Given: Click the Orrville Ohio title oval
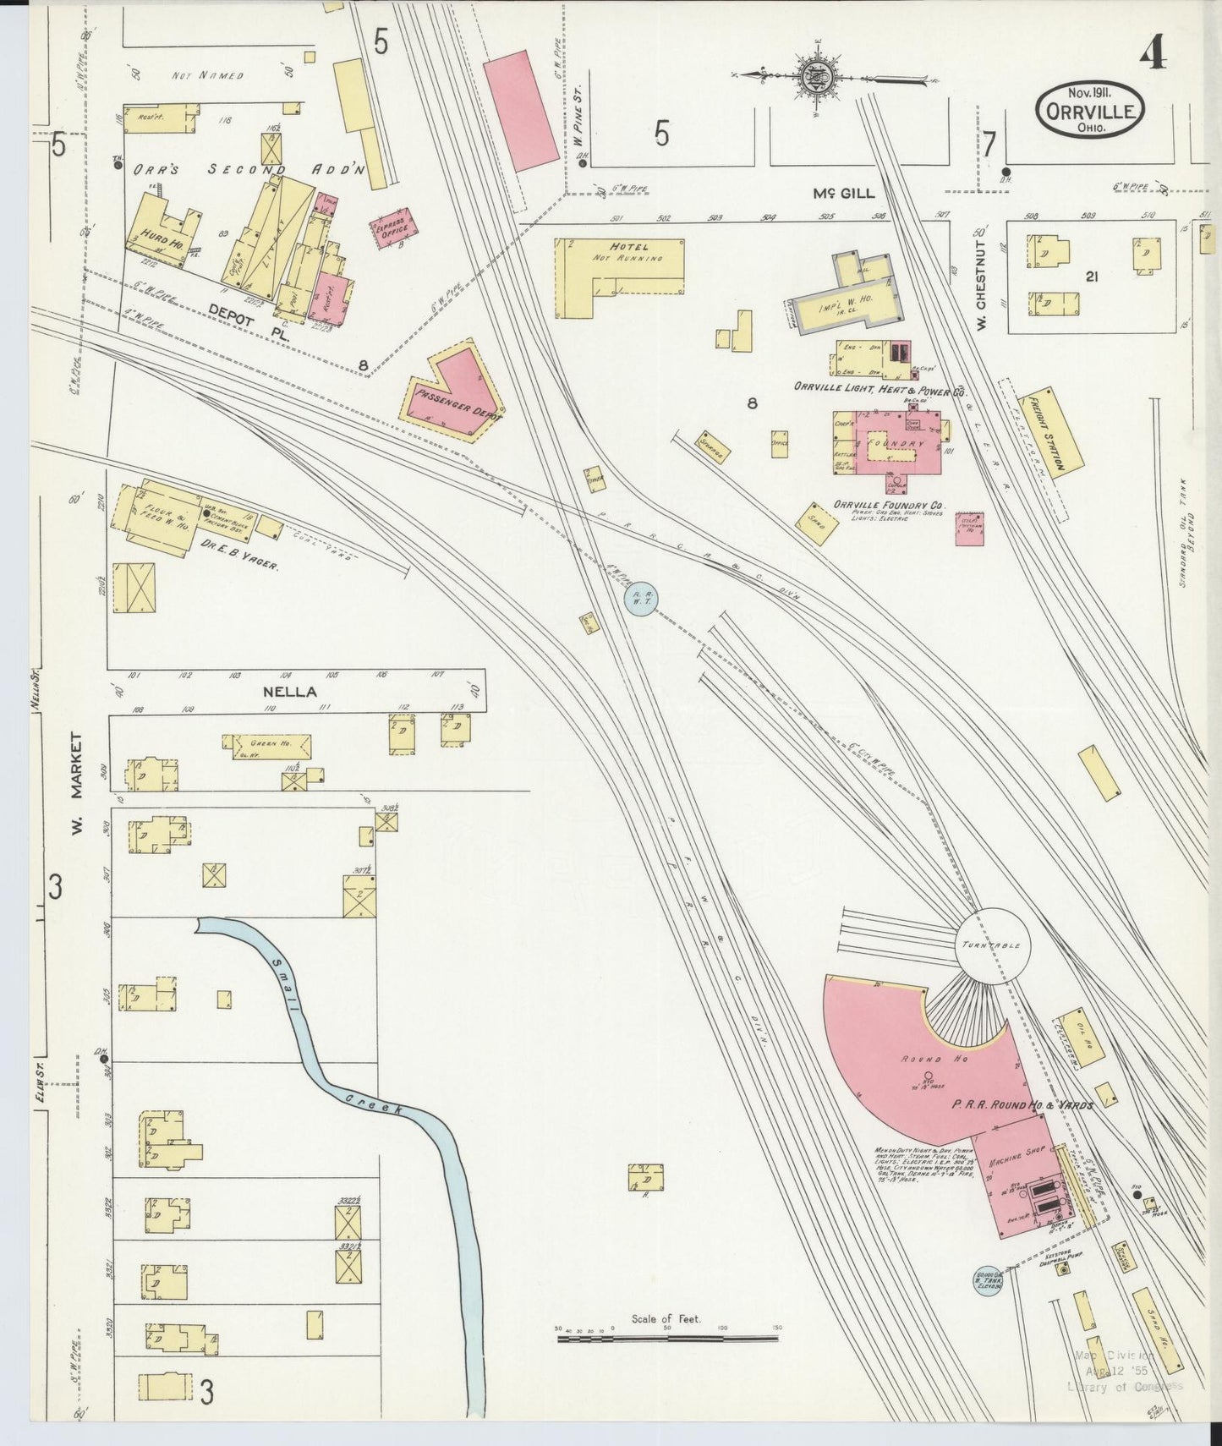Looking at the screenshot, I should (x=1090, y=109).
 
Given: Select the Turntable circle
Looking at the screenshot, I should (x=993, y=945).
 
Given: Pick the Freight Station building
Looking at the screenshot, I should (x=1052, y=433).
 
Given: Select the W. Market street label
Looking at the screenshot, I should (x=77, y=784).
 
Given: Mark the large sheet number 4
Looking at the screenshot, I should (x=1152, y=54).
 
